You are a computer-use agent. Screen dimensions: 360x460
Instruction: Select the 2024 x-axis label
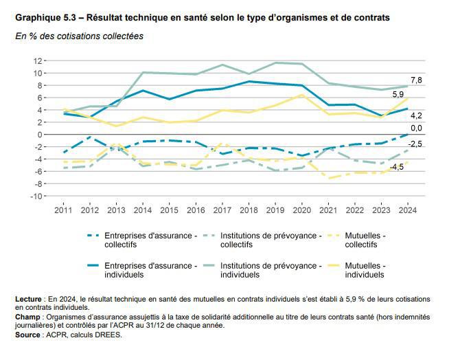pyautogui.click(x=408, y=210)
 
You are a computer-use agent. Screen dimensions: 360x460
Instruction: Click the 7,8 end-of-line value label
pyautogui.click(x=416, y=81)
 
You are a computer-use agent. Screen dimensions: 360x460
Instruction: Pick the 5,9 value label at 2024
pyautogui.click(x=398, y=94)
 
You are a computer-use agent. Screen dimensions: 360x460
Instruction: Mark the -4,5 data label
pyautogui.click(x=397, y=168)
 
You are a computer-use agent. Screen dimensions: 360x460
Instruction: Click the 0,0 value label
pyautogui.click(x=416, y=128)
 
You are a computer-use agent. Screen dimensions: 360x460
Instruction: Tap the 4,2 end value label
pyautogui.click(x=416, y=115)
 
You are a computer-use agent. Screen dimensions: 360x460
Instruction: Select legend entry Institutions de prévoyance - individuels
pyautogui.click(x=271, y=269)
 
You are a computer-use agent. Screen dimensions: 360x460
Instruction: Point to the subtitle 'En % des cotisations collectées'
pyautogui.click(x=79, y=36)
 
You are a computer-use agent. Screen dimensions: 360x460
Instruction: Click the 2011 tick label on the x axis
pyautogui.click(x=64, y=210)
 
